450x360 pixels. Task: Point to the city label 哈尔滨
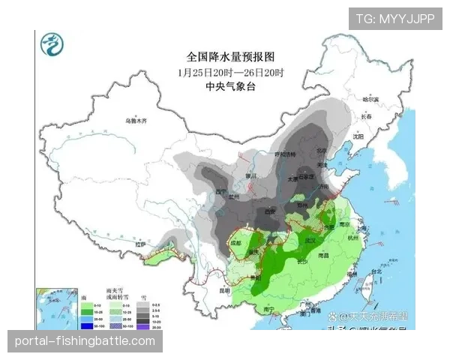[x=371, y=100]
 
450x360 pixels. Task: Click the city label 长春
[x=366, y=117]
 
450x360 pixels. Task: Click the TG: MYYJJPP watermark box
[x=394, y=19]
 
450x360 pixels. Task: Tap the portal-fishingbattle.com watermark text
[x=85, y=341]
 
